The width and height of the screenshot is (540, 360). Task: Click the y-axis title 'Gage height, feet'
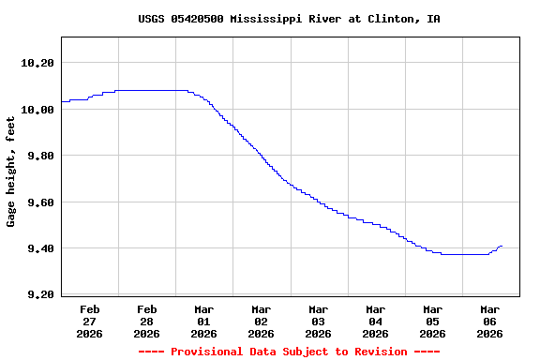(11, 172)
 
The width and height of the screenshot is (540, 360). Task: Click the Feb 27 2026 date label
(90, 321)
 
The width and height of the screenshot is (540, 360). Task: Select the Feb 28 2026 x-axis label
(147, 321)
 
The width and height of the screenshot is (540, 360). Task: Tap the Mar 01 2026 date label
(204, 321)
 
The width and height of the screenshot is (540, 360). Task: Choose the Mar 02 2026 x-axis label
(262, 321)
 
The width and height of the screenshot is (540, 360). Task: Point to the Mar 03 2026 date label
(319, 321)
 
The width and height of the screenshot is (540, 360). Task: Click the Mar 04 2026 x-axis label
(376, 321)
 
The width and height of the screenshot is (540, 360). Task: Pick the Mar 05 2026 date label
(433, 321)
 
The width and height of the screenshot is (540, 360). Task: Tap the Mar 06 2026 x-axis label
(490, 321)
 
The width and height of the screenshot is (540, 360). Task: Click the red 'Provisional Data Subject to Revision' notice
(289, 352)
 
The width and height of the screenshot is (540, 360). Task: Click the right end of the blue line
(502, 246)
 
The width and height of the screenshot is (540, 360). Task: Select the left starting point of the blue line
(62, 101)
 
